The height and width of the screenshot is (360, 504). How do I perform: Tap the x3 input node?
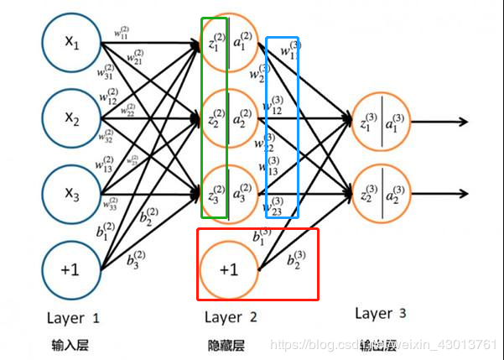(70, 193)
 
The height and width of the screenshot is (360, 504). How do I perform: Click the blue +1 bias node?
(70, 270)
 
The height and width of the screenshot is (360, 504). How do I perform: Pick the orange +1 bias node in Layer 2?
(228, 270)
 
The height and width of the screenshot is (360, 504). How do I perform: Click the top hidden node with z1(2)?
(228, 43)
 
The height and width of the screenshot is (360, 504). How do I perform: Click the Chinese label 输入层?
(70, 344)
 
